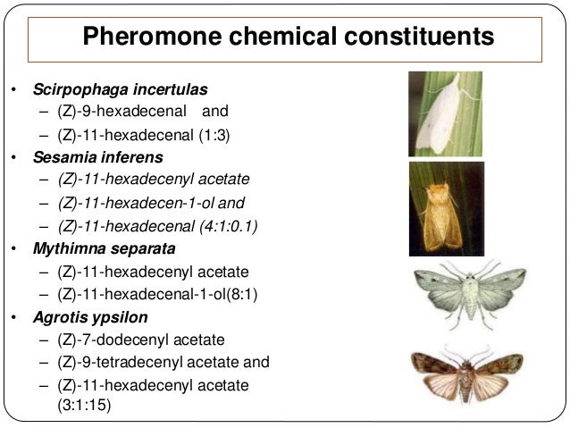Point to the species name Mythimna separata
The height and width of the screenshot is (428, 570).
(x=105, y=249)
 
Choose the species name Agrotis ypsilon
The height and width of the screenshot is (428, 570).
(x=92, y=317)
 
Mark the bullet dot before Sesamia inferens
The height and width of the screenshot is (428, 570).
(x=13, y=159)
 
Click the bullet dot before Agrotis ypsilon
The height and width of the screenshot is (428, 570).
(x=13, y=318)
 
